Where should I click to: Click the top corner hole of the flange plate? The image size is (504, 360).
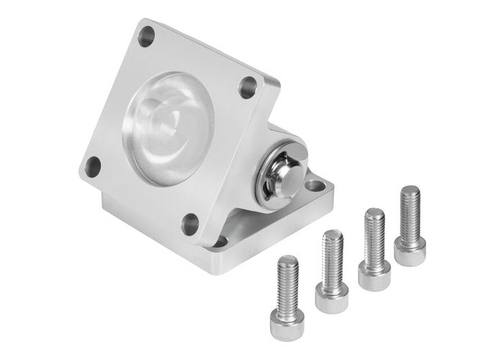click(147, 36)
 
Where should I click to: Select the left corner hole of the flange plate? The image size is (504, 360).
click(92, 166)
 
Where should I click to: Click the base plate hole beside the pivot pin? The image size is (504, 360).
click(314, 186)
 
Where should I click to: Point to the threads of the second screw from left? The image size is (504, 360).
click(332, 256)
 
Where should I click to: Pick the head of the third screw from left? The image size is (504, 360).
click(374, 274)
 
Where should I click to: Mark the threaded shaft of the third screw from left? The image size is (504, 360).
click(374, 235)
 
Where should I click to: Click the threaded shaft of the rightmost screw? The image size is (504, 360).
click(410, 212)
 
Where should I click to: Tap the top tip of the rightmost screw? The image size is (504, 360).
click(410, 189)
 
